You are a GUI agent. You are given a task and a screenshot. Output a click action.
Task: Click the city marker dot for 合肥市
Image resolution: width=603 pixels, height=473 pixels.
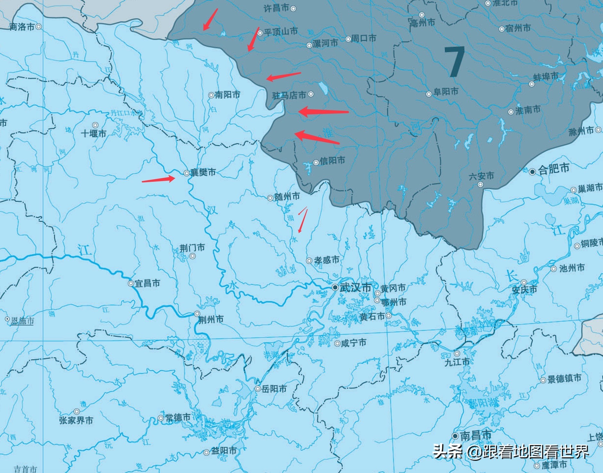[x=532, y=172]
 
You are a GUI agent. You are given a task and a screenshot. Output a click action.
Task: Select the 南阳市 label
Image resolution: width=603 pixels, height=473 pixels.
[x=228, y=95]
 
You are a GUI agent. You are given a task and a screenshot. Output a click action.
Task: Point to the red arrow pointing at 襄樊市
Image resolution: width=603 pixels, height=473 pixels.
[x=158, y=180]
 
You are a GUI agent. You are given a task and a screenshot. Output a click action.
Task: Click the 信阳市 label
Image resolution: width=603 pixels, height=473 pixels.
[x=333, y=160]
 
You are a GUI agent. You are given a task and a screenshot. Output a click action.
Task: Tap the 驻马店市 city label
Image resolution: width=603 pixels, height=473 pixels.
[x=289, y=95]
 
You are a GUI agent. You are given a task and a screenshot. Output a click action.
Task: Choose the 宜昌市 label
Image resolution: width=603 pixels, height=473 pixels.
[x=147, y=283]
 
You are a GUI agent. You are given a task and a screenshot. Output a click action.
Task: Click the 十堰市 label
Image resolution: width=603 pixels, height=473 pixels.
[x=93, y=133]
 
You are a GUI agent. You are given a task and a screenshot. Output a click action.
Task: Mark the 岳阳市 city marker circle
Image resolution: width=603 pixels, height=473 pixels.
[x=258, y=389]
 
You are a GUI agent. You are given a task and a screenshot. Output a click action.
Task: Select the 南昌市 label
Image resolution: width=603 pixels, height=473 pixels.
[x=476, y=435]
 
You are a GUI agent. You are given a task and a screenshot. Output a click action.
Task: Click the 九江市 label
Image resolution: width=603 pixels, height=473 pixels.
[x=457, y=362]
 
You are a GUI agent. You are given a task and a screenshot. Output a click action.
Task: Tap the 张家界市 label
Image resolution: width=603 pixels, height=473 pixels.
[x=76, y=420]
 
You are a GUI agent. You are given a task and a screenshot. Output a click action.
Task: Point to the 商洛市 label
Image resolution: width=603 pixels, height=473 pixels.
[x=22, y=27]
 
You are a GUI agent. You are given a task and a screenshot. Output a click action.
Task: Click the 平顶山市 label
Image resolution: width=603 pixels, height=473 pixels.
[x=281, y=31]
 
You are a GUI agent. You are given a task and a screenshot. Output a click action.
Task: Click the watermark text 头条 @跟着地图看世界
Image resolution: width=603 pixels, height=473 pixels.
[x=511, y=452]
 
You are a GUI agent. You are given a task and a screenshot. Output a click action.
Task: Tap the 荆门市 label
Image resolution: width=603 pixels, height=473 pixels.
[x=192, y=248]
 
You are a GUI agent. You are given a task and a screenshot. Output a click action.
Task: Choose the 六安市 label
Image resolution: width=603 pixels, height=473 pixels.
[x=481, y=176]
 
